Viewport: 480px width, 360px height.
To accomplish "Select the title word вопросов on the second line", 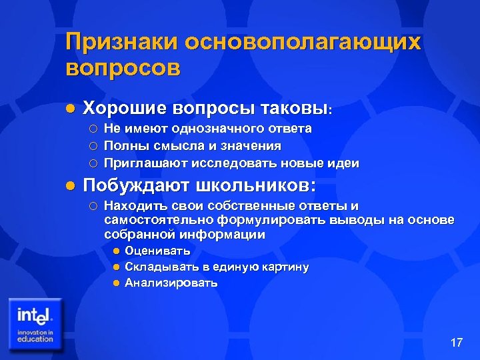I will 123,69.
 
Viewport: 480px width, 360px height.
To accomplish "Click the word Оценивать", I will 157,251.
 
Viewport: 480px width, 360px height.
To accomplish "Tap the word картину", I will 284,267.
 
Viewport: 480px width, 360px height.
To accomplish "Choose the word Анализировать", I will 171,283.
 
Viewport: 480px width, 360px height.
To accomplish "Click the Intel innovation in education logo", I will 35,324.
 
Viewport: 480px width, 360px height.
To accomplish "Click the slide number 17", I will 456,343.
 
